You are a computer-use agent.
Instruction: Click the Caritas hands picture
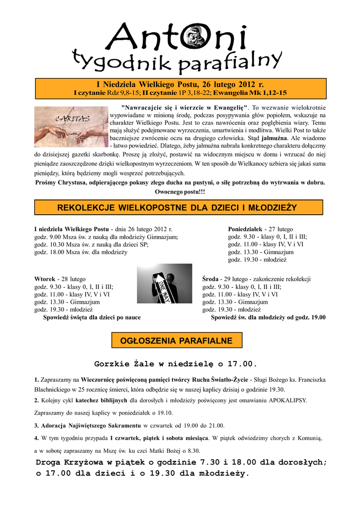click(x=70, y=127)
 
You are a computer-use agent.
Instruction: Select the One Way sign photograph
click(x=164, y=283)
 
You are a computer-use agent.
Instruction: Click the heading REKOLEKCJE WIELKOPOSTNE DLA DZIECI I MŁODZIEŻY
click(x=178, y=207)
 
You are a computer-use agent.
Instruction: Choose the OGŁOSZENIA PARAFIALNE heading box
click(x=177, y=340)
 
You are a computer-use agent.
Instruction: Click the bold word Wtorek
click(x=44, y=279)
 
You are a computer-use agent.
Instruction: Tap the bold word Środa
click(x=211, y=279)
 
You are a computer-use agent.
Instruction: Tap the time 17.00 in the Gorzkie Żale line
click(x=243, y=363)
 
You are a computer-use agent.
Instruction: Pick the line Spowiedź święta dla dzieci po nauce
click(x=92, y=317)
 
